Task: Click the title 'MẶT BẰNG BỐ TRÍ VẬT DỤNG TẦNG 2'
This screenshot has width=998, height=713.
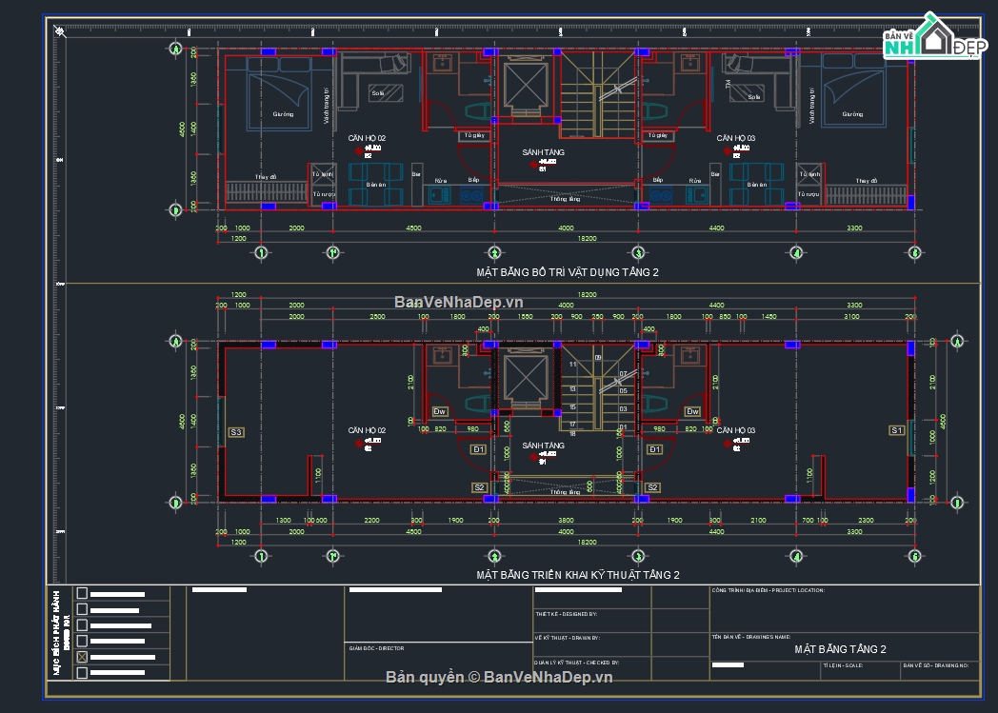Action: [x=568, y=272]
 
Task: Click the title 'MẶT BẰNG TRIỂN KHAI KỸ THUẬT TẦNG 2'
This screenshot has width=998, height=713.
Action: [x=578, y=575]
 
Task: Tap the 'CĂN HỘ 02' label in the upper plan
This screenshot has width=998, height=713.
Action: [x=367, y=139]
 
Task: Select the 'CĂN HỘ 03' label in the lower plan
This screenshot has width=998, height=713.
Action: [x=735, y=431]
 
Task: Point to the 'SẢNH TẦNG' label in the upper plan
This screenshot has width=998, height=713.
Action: [x=544, y=152]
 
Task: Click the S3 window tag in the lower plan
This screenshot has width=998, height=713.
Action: [x=236, y=432]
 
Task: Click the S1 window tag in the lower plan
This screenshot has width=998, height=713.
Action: [x=896, y=431]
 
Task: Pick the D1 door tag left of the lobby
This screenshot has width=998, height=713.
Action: [x=479, y=449]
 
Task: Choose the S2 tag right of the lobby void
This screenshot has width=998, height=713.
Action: [x=652, y=487]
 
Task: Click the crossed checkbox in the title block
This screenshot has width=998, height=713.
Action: [x=82, y=657]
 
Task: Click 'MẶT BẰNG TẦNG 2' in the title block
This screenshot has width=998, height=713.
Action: [x=840, y=649]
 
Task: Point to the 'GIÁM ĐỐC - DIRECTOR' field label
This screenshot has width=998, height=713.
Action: [x=376, y=648]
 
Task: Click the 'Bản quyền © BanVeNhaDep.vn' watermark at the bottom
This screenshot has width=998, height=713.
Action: [x=499, y=677]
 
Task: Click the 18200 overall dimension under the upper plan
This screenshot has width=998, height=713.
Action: [x=588, y=239]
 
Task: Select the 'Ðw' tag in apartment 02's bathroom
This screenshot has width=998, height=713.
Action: [x=440, y=412]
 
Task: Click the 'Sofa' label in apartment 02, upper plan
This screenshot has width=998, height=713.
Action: [x=378, y=93]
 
